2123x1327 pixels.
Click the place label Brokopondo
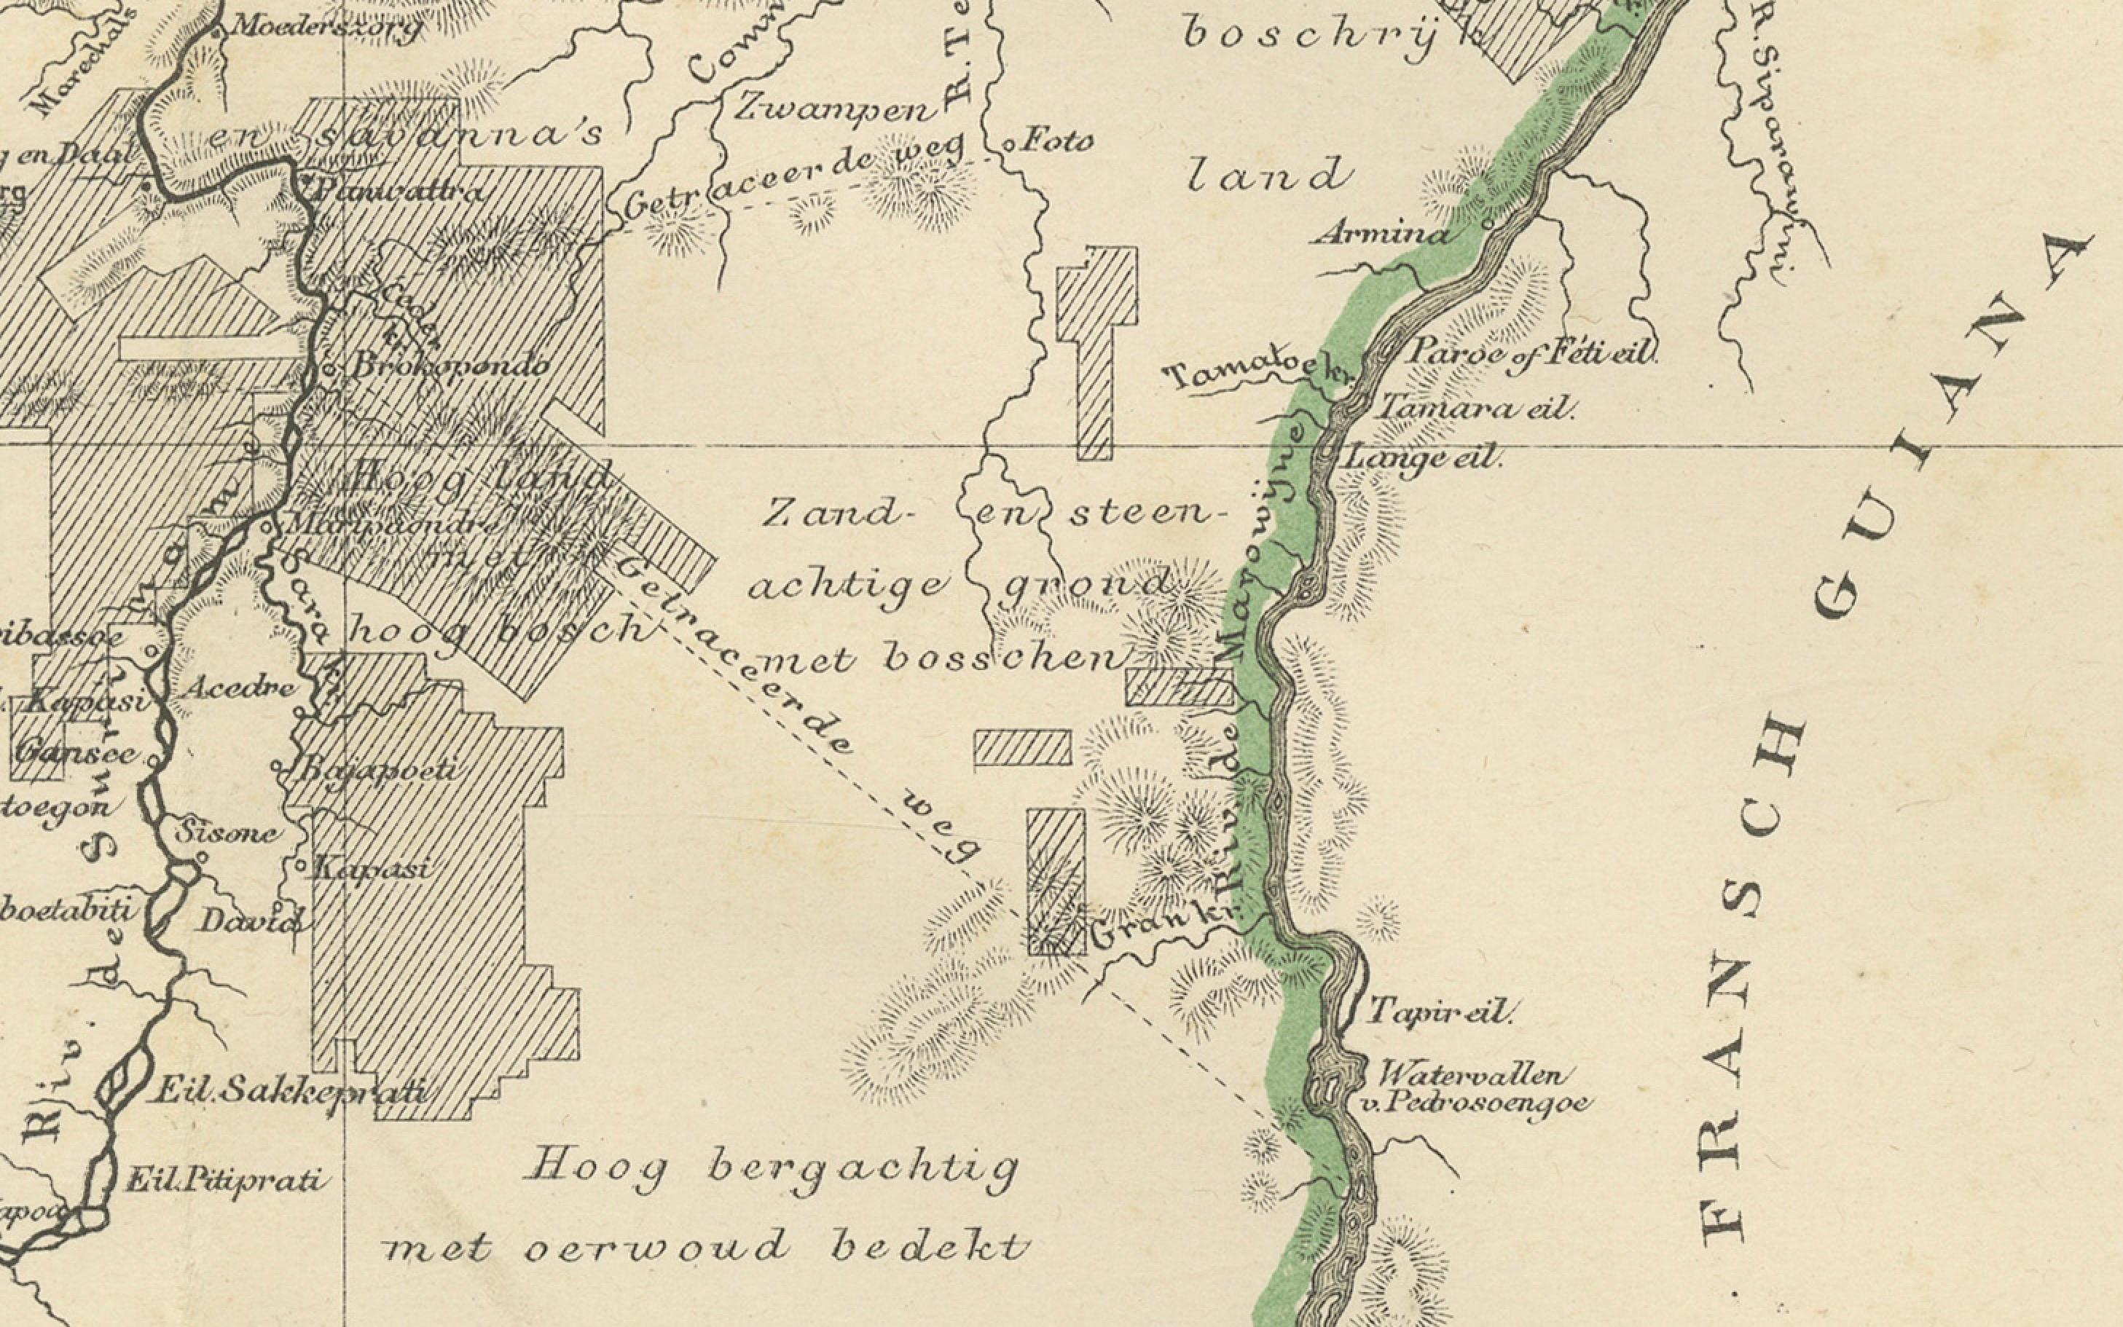coord(450,365)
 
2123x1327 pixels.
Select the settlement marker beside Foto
coord(1009,145)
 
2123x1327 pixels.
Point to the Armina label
coord(1381,235)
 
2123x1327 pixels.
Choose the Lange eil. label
coord(1423,458)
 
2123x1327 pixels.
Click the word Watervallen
coord(1472,1075)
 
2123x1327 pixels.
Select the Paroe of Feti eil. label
coord(1531,353)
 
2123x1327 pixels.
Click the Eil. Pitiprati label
coord(224,1181)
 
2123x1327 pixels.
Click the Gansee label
coord(77,753)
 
